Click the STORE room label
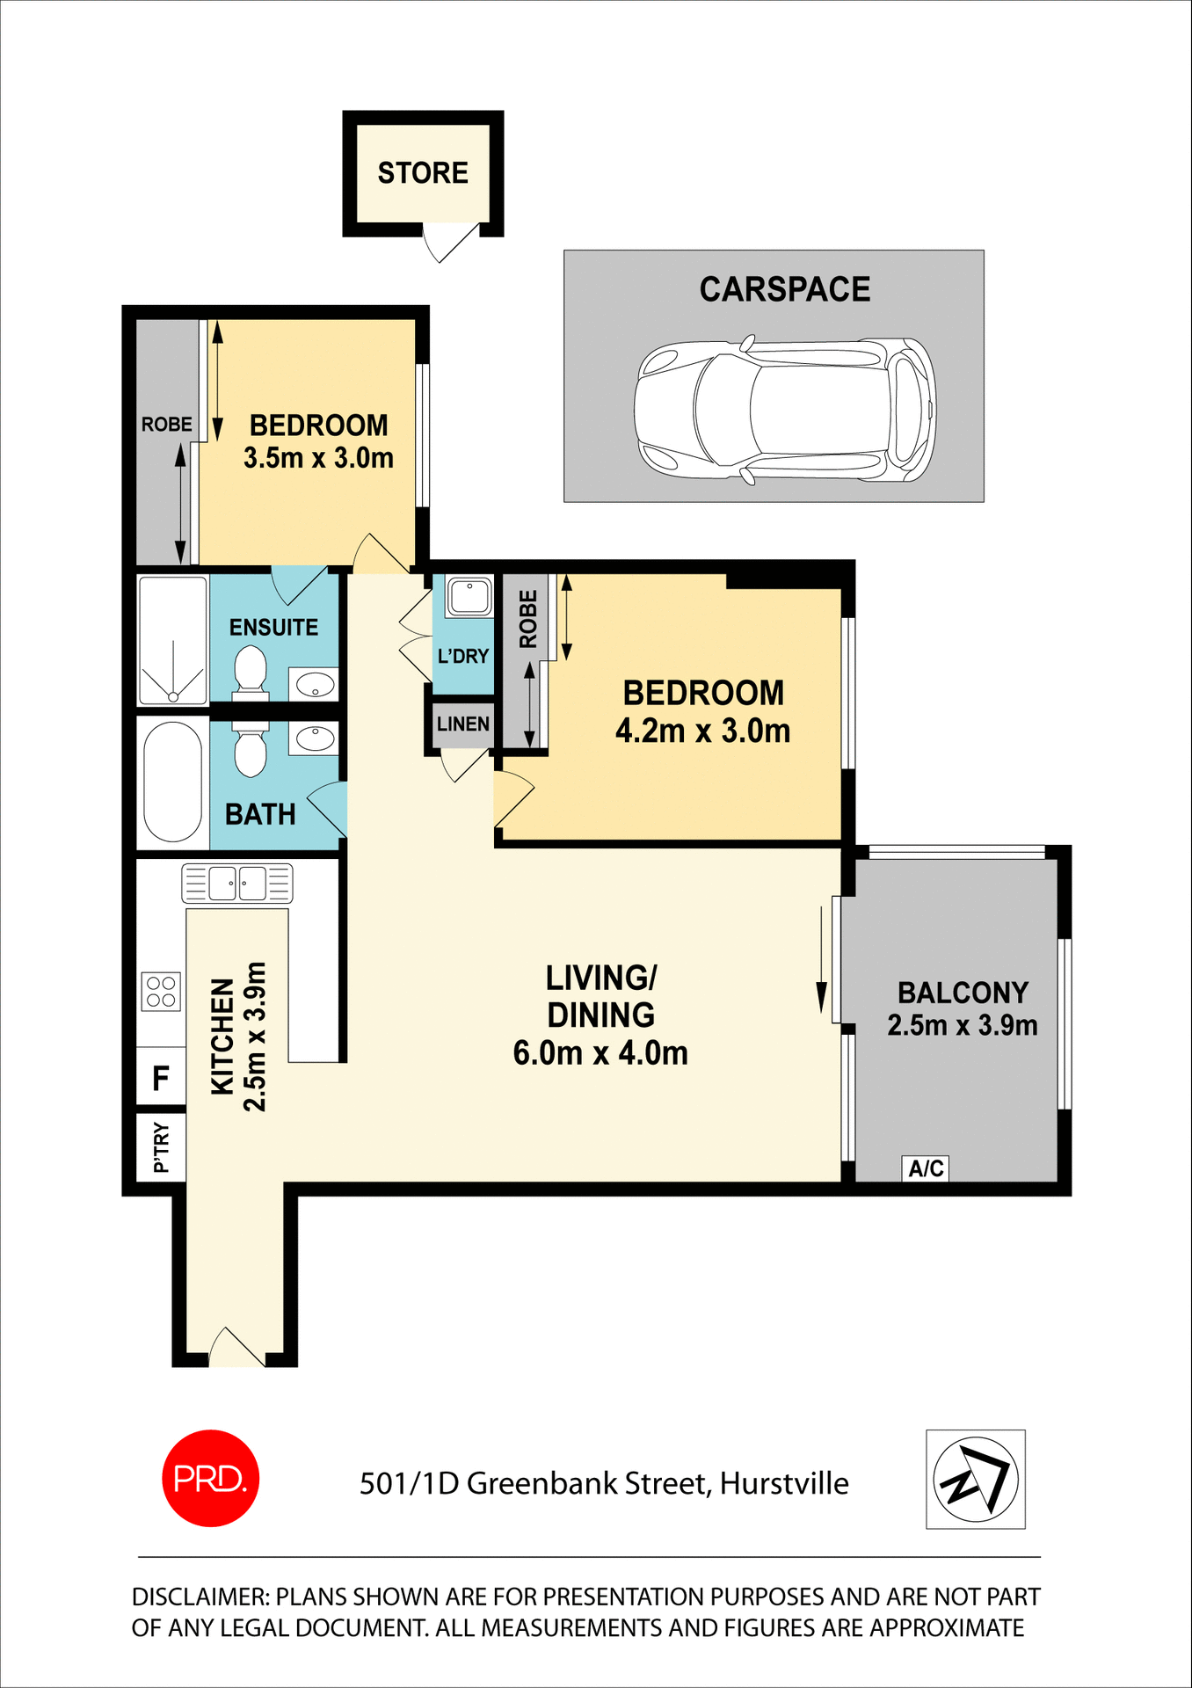click(x=423, y=173)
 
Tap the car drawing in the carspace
click(x=785, y=410)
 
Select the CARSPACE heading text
click(x=784, y=289)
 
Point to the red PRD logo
click(x=211, y=1479)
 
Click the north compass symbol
click(x=975, y=1480)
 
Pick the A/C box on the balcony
click(x=926, y=1168)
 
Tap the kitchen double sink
click(x=237, y=883)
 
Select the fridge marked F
click(x=161, y=1078)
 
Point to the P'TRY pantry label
click(x=161, y=1147)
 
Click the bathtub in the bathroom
click(x=173, y=782)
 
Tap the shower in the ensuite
click(x=173, y=639)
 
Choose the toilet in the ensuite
click(x=251, y=672)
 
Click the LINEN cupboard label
click(x=462, y=724)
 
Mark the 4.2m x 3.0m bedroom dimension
click(x=702, y=731)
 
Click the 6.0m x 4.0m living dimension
click(x=600, y=1052)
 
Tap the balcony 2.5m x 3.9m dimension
click(x=963, y=1025)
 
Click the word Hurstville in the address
click(x=784, y=1483)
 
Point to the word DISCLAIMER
click(x=200, y=1597)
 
